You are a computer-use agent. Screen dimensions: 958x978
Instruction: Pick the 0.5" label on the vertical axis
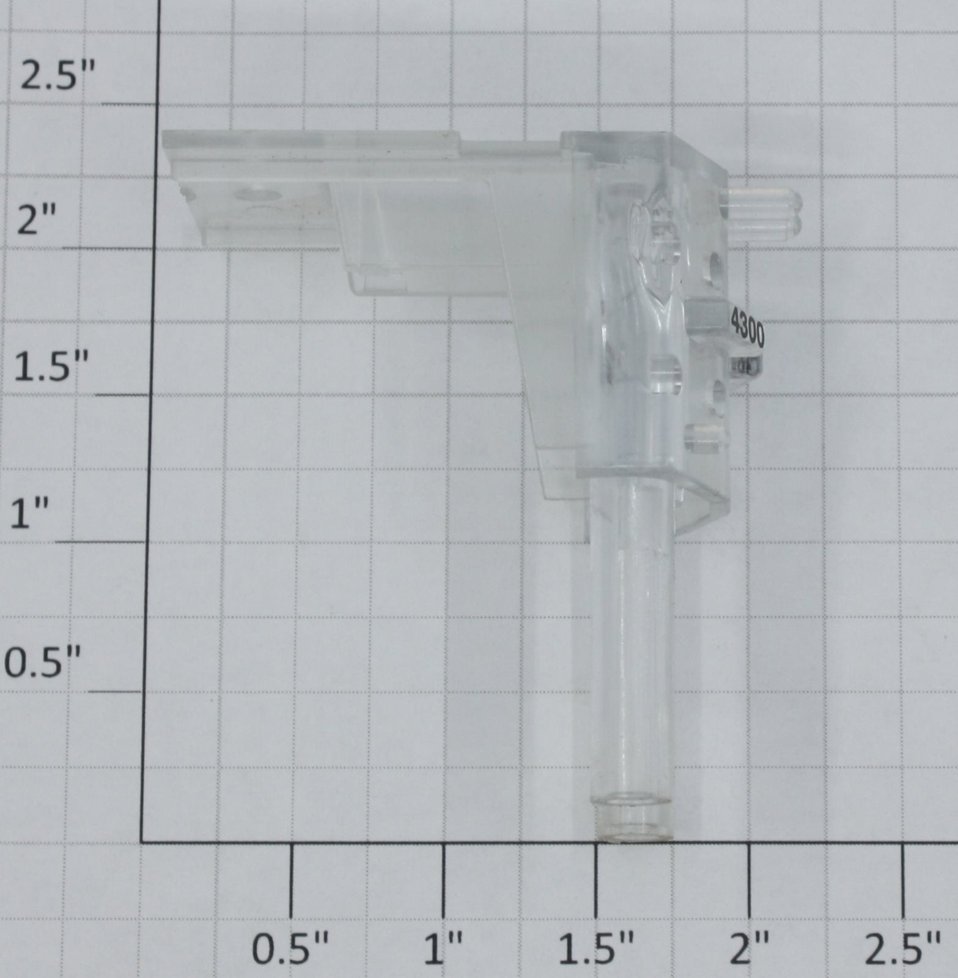pos(43,664)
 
